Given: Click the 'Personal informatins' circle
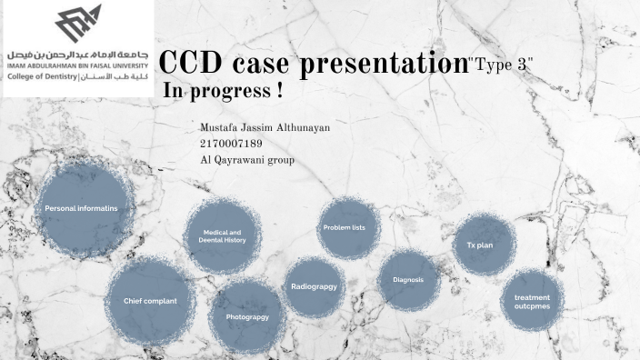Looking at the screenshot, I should [x=81, y=209].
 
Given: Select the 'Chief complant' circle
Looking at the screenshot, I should [x=150, y=300].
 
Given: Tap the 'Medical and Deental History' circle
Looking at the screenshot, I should [x=224, y=237].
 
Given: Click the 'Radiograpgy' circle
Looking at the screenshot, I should [x=314, y=286].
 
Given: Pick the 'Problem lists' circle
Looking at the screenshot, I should [x=348, y=227].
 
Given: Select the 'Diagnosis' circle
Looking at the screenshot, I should [x=408, y=279].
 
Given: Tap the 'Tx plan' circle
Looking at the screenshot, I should [x=485, y=245].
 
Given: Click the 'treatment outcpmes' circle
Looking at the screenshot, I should [x=532, y=302].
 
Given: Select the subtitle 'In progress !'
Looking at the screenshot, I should [x=222, y=94].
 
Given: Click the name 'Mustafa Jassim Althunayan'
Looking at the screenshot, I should [x=264, y=128].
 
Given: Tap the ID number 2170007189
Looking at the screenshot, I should [x=230, y=144].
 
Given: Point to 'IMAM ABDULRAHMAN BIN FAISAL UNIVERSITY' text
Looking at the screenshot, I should [x=77, y=66].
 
